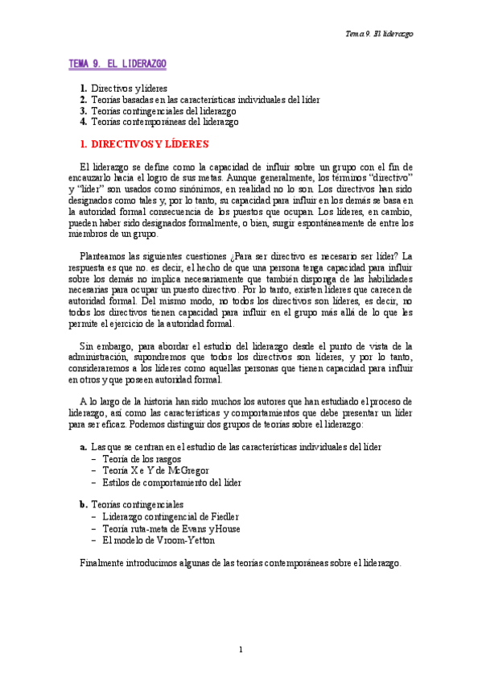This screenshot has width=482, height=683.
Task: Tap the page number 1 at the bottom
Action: tap(241, 649)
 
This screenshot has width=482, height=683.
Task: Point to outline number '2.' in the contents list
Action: tap(84, 100)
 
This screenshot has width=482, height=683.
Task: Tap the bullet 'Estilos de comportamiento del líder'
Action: tap(171, 482)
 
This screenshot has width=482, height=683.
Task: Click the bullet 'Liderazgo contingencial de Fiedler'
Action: tap(171, 516)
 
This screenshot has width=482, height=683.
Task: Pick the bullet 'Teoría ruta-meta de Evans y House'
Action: tap(171, 528)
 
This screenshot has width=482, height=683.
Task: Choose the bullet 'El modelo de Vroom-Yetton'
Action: tap(153, 540)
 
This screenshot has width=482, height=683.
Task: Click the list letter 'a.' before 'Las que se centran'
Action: tap(84, 446)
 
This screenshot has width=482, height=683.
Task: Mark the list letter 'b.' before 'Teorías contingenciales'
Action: tap(84, 504)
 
